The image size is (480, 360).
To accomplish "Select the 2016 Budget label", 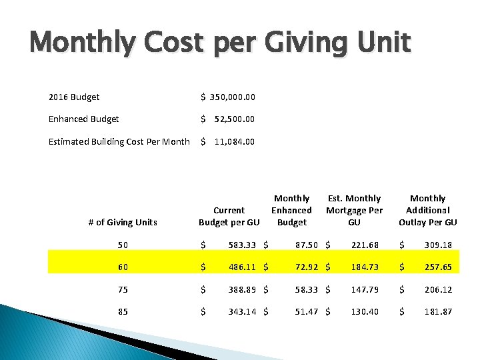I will click(74, 97).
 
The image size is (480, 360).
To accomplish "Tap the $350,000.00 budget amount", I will click(228, 97).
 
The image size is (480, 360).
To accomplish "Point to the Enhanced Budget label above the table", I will click(84, 119).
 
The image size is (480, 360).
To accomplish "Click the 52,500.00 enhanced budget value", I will click(234, 119).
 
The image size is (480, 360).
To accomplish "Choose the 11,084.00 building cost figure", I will click(234, 141).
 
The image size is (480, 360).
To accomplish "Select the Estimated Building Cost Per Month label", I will click(119, 141).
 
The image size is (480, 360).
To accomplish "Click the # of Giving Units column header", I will click(123, 222).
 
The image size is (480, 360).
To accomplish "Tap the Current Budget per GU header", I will click(229, 216).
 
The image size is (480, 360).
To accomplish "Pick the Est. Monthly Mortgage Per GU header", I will click(354, 210).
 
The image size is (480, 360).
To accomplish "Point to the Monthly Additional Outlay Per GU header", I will click(427, 210).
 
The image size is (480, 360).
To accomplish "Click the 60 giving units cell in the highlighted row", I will click(123, 267).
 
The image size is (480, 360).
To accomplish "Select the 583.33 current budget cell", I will click(241, 245).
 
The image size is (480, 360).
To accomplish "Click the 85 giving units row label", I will click(123, 311).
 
